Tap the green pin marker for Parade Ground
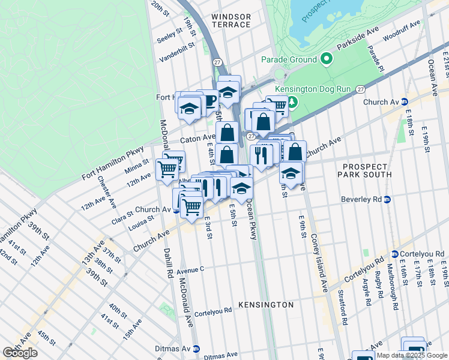(x=326, y=59)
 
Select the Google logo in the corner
(x=20, y=353)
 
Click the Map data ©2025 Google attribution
(x=412, y=355)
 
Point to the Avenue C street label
(x=190, y=269)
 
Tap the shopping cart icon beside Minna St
(x=166, y=169)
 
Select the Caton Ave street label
(x=193, y=138)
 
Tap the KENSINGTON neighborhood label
(x=266, y=305)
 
